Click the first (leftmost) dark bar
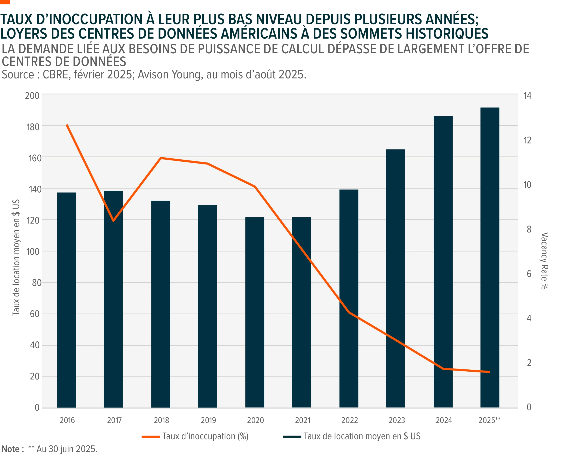click(67, 300)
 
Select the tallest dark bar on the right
click(490, 258)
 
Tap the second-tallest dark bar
click(443, 262)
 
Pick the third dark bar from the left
click(161, 304)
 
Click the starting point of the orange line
click(67, 125)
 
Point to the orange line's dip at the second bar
click(113, 221)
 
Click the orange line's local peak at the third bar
click(161, 158)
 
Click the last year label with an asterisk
click(490, 420)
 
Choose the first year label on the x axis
click(67, 420)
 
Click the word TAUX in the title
click(19, 20)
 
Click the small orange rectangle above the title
click(5, 2)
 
